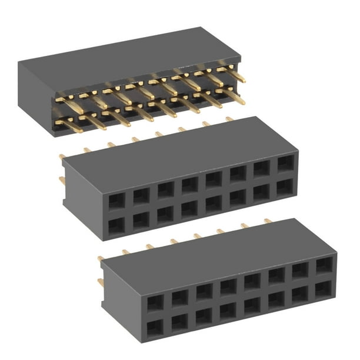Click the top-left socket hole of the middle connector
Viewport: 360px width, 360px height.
click(x=116, y=201)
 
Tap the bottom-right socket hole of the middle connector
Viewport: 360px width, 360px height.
click(x=285, y=187)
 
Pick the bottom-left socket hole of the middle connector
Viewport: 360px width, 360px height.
click(x=116, y=225)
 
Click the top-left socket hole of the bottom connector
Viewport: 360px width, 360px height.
click(x=155, y=302)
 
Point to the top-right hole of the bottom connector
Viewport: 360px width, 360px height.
click(x=324, y=265)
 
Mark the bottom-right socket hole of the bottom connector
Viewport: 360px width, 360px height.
click(x=324, y=289)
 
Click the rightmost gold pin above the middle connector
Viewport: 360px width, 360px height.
click(x=229, y=119)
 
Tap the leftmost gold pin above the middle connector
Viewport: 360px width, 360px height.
click(x=62, y=156)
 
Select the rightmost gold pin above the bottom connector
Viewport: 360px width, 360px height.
click(x=268, y=221)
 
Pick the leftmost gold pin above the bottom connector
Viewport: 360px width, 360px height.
click(x=101, y=258)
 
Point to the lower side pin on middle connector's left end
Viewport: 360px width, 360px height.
click(x=62, y=180)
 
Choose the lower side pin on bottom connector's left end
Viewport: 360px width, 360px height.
click(x=101, y=282)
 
